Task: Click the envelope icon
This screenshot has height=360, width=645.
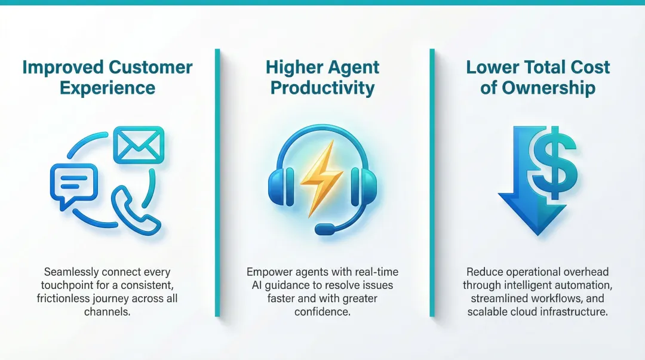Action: click(x=138, y=145)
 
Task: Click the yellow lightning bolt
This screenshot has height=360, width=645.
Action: click(x=322, y=177)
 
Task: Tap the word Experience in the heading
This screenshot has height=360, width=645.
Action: click(x=107, y=88)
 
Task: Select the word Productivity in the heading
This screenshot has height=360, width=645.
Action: click(x=322, y=88)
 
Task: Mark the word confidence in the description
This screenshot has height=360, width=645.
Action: click(x=322, y=312)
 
